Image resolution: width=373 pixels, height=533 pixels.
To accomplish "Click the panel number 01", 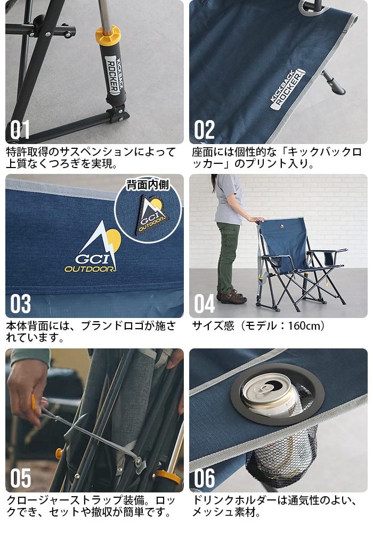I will (x=20, y=130).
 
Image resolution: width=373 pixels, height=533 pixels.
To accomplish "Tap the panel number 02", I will (x=205, y=130).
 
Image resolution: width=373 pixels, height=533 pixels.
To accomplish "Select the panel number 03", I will (x=21, y=304).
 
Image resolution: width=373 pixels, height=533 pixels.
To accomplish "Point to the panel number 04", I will (x=205, y=304).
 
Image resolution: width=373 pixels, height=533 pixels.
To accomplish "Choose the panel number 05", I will (x=21, y=479).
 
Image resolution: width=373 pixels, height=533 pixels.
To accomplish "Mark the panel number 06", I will (x=205, y=479).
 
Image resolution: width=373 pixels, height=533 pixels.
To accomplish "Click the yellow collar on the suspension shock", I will (x=108, y=35).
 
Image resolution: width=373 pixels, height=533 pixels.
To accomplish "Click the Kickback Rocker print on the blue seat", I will (x=285, y=90).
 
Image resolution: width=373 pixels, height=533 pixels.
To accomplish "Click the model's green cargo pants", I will (x=228, y=256).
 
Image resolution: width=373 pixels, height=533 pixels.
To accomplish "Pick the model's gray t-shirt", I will (x=230, y=200).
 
